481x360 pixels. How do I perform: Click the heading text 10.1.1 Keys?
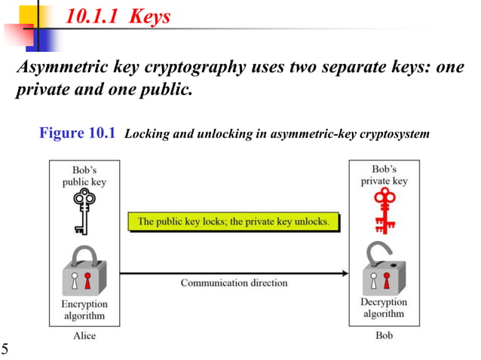118,17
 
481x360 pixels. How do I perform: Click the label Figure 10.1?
77,133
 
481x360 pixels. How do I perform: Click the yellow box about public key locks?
234,221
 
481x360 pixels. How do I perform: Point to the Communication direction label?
234,282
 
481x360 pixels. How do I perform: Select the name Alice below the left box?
84,335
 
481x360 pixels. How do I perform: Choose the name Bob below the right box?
384,335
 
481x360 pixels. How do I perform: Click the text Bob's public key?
83,175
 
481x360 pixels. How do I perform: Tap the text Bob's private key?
384,175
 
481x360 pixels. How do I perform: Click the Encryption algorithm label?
83,310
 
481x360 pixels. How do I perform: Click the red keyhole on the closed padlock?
87,282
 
